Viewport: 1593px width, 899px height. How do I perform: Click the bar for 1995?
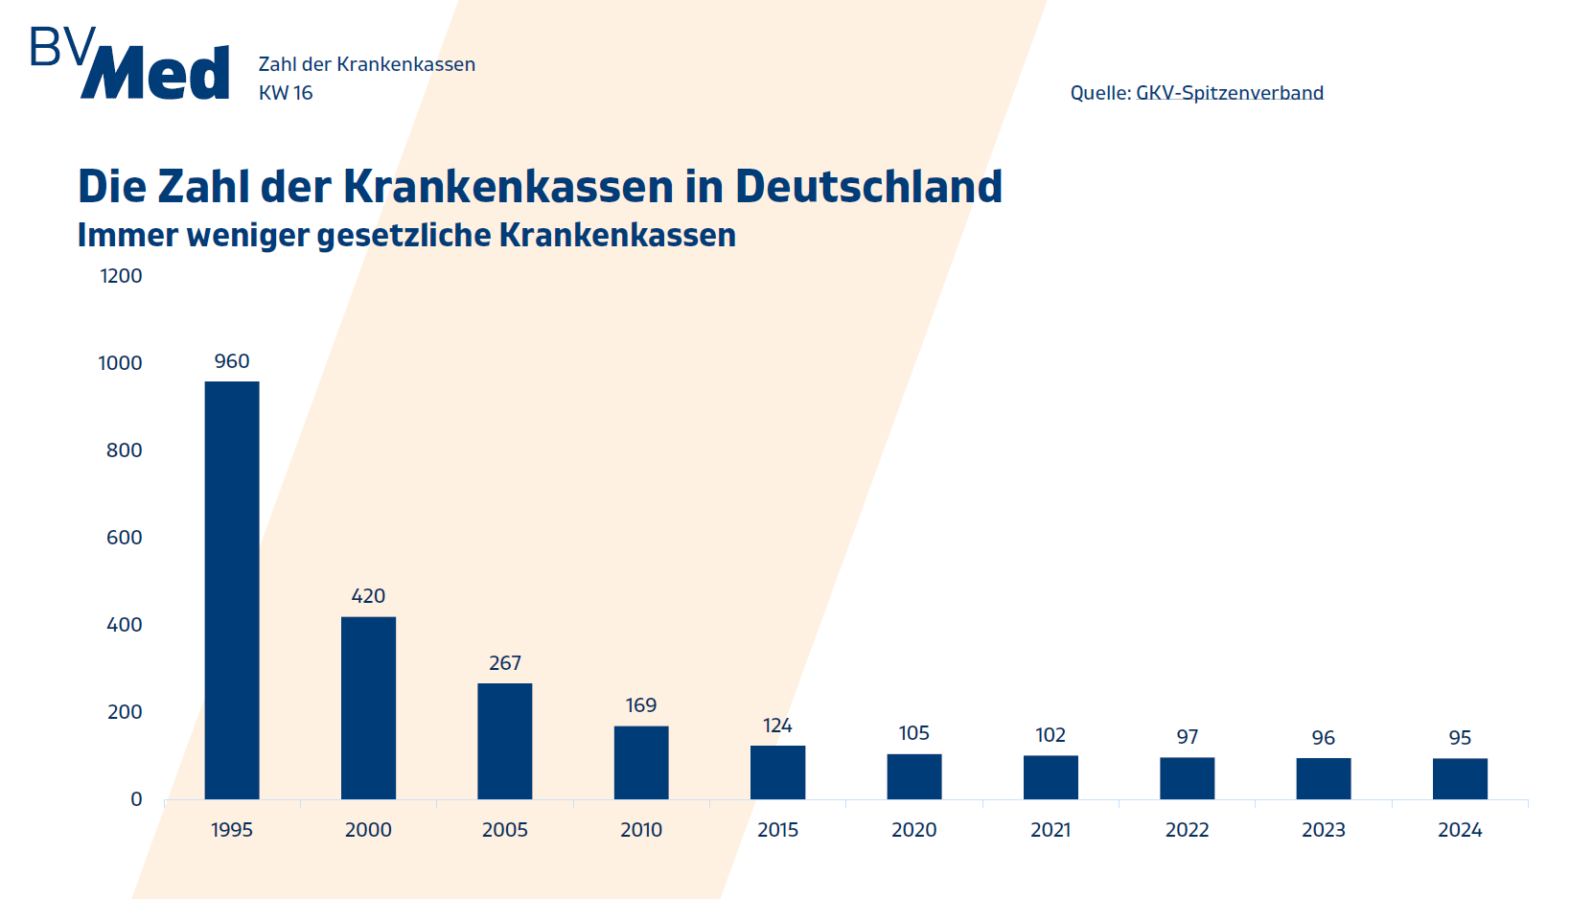pyautogui.click(x=232, y=589)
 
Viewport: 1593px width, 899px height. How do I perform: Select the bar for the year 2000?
pyautogui.click(x=368, y=707)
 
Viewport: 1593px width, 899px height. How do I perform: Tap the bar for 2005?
pyautogui.click(x=505, y=741)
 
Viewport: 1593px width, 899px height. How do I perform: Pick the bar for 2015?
pyautogui.click(x=777, y=772)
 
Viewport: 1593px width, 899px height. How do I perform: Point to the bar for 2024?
pyautogui.click(x=1460, y=778)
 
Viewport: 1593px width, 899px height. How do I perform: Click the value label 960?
pyautogui.click(x=232, y=361)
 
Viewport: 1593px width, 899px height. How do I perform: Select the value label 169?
pyautogui.click(x=641, y=705)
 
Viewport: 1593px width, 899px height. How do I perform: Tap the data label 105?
pyautogui.click(x=913, y=733)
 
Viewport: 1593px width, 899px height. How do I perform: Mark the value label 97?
pyautogui.click(x=1188, y=737)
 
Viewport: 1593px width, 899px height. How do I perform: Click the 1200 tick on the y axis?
pyautogui.click(x=121, y=276)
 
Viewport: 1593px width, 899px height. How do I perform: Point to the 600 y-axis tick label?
pyautogui.click(x=124, y=538)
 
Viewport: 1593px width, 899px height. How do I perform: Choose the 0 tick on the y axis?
pyautogui.click(x=136, y=799)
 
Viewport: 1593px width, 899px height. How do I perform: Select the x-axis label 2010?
pyautogui.click(x=641, y=830)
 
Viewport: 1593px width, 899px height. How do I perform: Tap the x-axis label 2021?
pyautogui.click(x=1050, y=830)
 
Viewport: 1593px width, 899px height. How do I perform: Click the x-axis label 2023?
pyautogui.click(x=1324, y=830)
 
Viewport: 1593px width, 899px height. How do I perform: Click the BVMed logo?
pyautogui.click(x=130, y=64)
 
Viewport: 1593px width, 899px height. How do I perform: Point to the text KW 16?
pyautogui.click(x=286, y=93)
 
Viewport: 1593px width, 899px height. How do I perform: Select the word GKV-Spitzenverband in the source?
pyautogui.click(x=1230, y=93)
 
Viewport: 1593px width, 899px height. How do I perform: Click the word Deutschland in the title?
pyautogui.click(x=868, y=186)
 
